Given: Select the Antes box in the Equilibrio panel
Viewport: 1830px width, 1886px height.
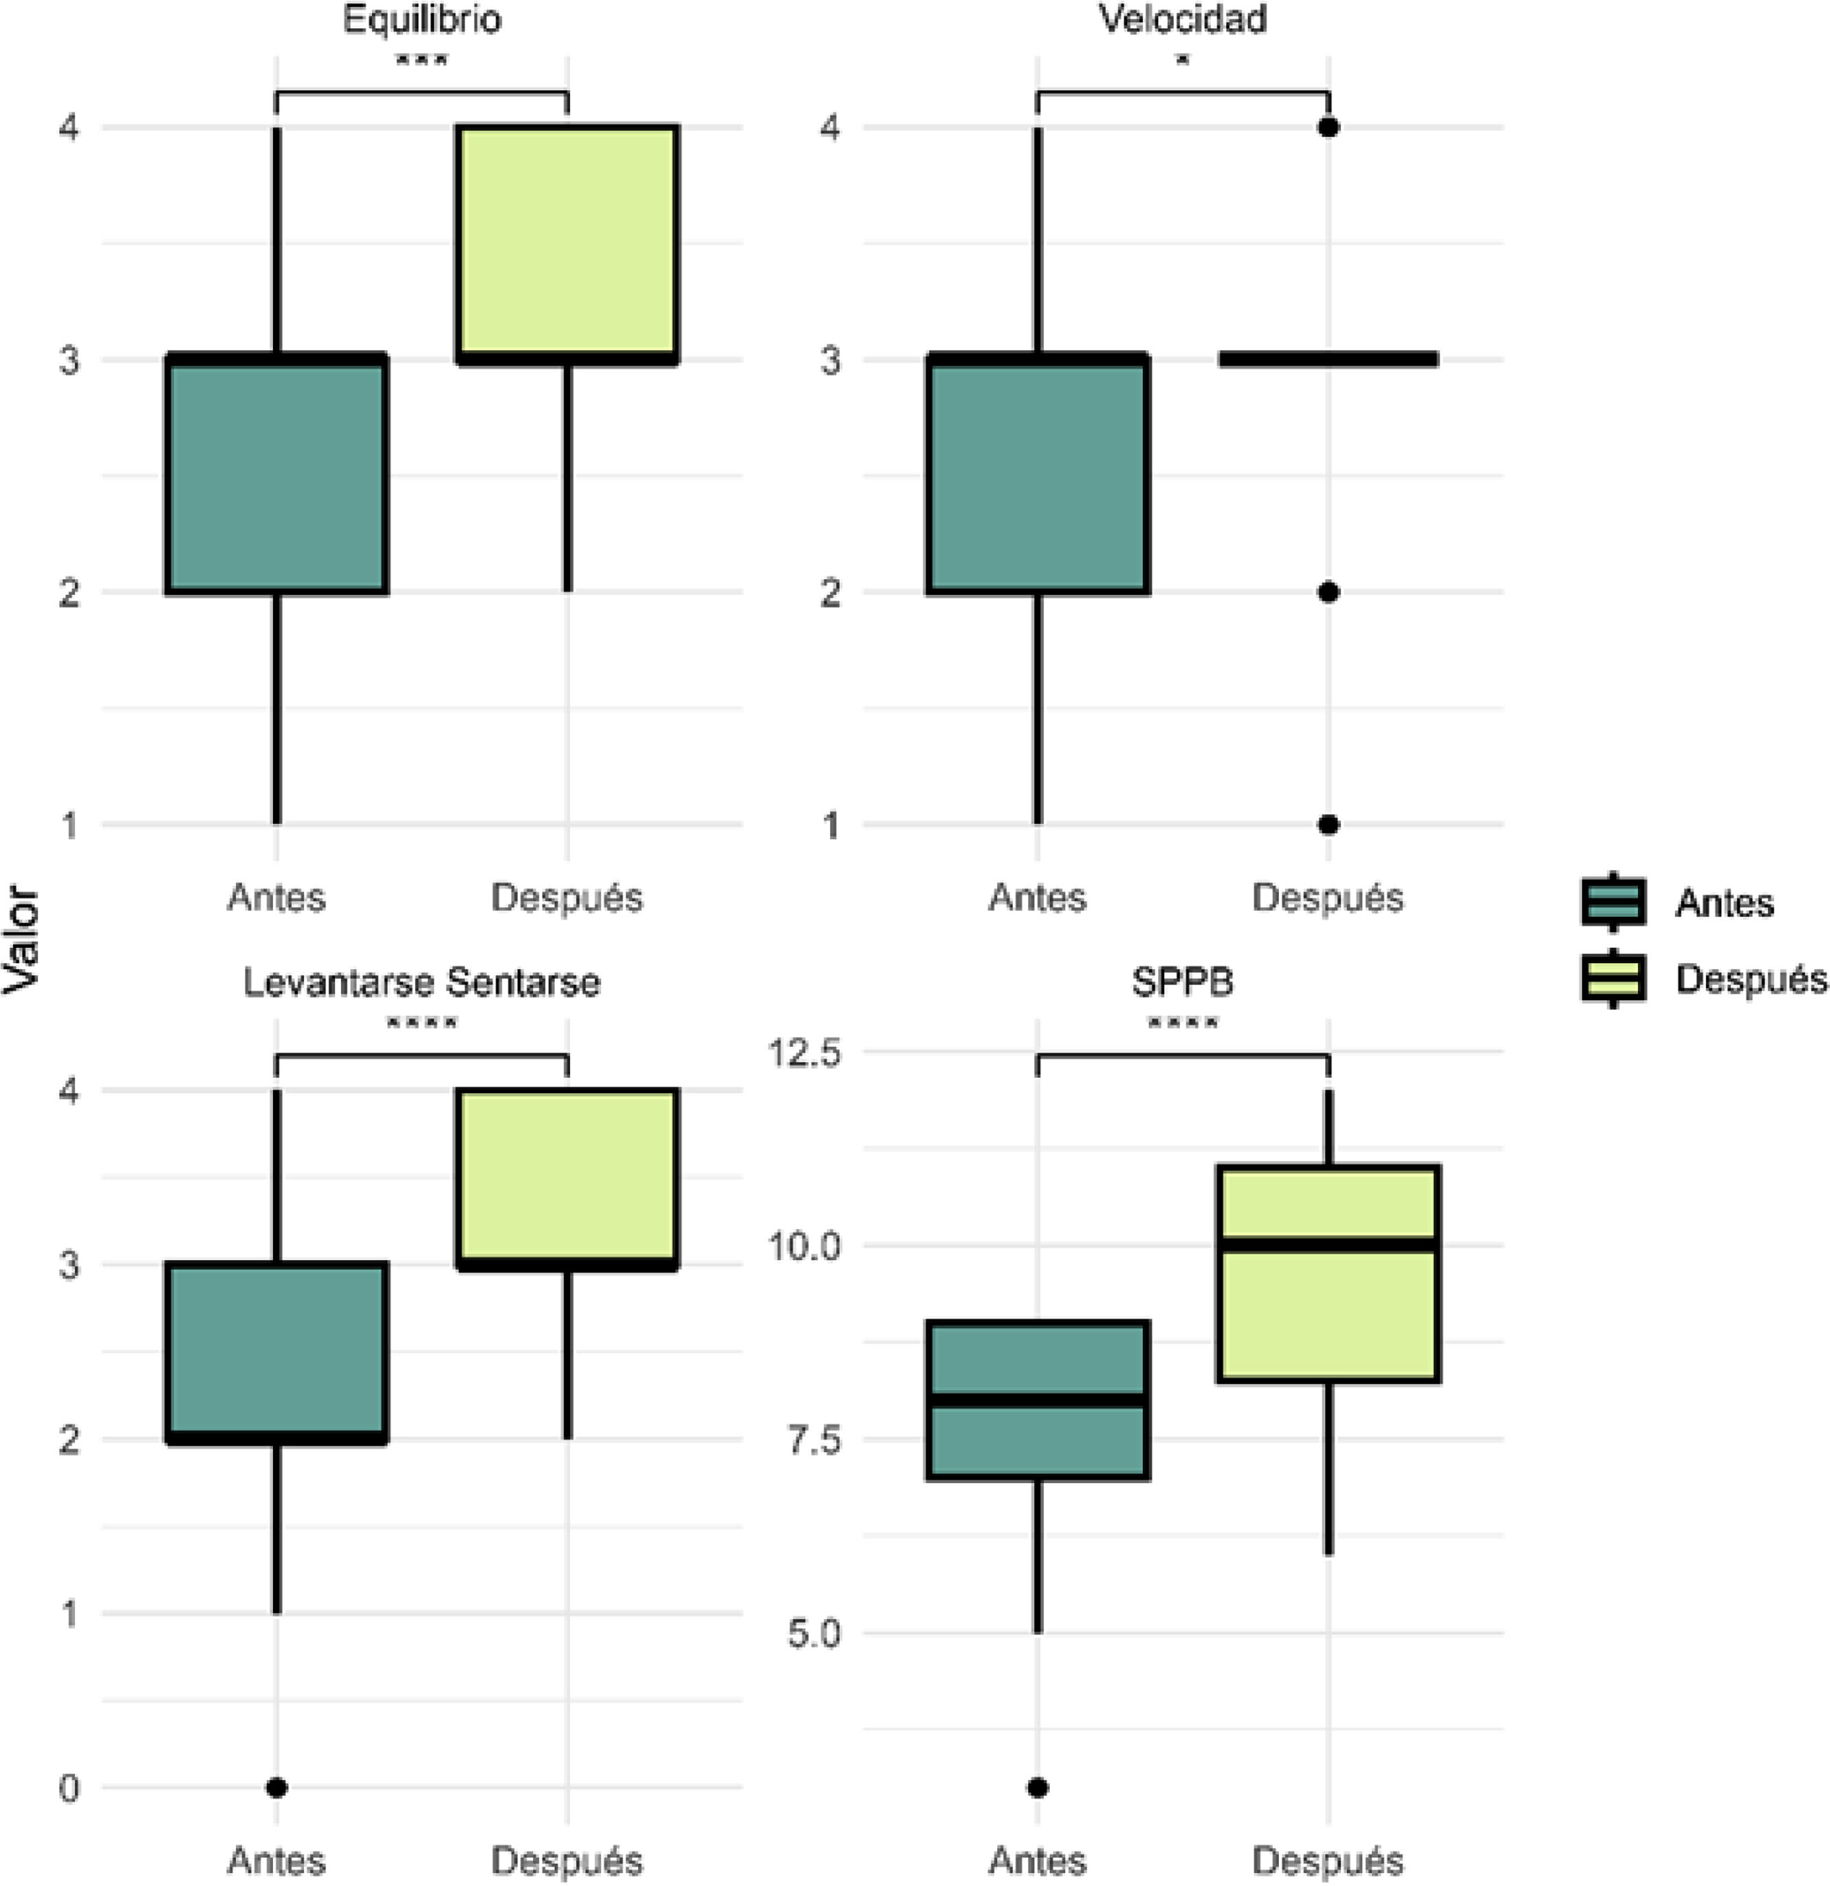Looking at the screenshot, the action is [x=277, y=474].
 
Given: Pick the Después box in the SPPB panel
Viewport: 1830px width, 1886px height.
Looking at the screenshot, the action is [x=1328, y=1274].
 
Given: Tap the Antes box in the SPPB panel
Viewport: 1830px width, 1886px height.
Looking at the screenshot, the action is [x=1038, y=1400].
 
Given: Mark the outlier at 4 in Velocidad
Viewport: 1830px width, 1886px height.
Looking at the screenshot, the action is [x=1328, y=127].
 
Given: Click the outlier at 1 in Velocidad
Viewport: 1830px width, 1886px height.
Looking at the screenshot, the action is [x=1328, y=825].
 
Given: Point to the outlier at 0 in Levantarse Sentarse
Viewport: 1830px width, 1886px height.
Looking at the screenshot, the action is [x=277, y=1788].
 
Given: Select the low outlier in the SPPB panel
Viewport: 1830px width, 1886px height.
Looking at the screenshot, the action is [x=1038, y=1788].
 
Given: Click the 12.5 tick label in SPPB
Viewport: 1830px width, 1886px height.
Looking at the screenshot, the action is [x=803, y=1052].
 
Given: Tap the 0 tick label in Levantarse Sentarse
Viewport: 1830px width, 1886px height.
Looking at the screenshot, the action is [x=69, y=1789].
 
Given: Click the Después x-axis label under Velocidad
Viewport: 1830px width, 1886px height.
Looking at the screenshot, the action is [x=1328, y=899].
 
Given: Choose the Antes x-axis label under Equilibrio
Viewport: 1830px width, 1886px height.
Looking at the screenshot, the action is [x=277, y=898].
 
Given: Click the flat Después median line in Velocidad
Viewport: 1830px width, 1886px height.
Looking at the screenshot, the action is [x=1328, y=359].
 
